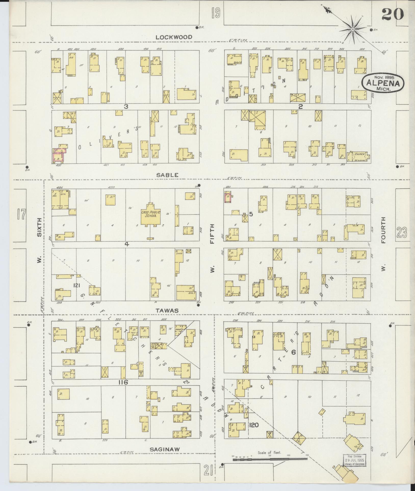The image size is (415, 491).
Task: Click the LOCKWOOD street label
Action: [x=174, y=37]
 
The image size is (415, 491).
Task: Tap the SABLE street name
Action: [x=167, y=175]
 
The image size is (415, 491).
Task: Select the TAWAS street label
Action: [x=167, y=311]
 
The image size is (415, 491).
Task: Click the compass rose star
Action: [x=353, y=30]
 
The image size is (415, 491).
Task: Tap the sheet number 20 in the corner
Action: [x=393, y=14]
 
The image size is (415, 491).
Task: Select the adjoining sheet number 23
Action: [x=401, y=232]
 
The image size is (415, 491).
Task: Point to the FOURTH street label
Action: [x=384, y=230]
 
